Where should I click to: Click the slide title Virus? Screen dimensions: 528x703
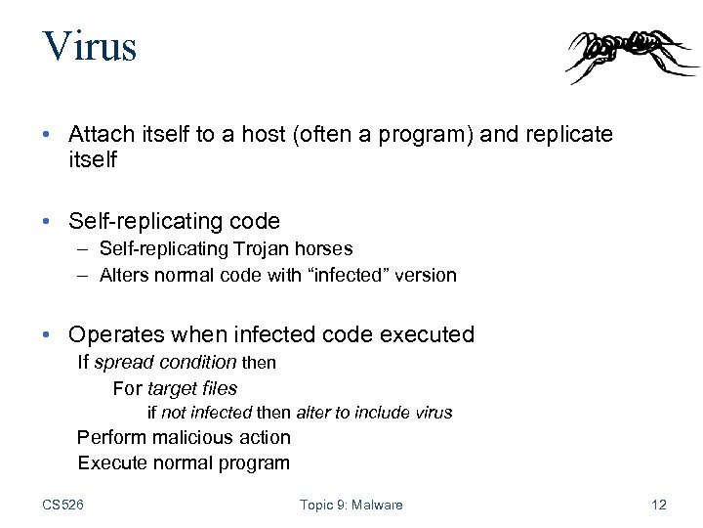pyautogui.click(x=89, y=47)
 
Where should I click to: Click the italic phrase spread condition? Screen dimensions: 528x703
pyautogui.click(x=165, y=363)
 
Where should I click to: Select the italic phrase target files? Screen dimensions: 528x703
pyautogui.click(x=192, y=388)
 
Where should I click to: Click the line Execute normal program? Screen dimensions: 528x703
pyautogui.click(x=184, y=463)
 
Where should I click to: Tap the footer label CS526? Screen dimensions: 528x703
pyautogui.click(x=62, y=505)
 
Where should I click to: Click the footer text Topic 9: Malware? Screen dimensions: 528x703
pyautogui.click(x=351, y=505)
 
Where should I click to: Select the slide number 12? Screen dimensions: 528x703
pyautogui.click(x=658, y=505)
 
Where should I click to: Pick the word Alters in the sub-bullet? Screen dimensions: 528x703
pyautogui.click(x=124, y=276)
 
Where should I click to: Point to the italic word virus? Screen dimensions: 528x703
pyautogui.click(x=434, y=413)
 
